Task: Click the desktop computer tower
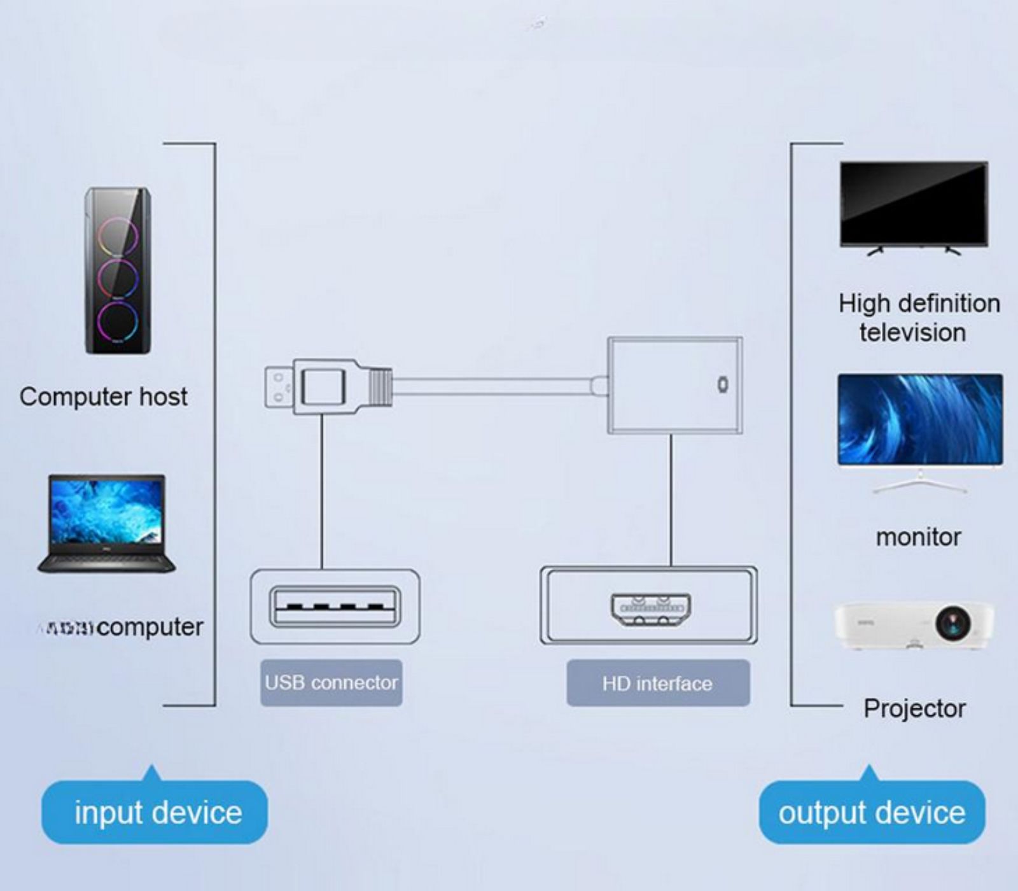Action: click(x=118, y=270)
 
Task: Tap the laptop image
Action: click(x=107, y=523)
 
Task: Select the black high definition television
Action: click(x=914, y=205)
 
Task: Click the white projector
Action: click(x=914, y=625)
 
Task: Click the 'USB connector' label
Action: click(x=331, y=683)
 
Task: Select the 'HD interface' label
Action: click(x=658, y=684)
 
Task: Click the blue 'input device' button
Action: click(x=155, y=813)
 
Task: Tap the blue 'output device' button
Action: click(x=872, y=813)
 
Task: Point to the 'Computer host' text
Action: click(x=103, y=396)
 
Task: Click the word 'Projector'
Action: click(x=914, y=708)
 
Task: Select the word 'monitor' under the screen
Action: click(x=918, y=537)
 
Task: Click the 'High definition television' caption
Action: click(x=918, y=318)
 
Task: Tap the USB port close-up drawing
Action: click(x=335, y=607)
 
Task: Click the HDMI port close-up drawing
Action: click(x=651, y=609)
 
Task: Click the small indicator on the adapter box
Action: click(x=722, y=385)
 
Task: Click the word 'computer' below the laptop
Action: click(x=150, y=627)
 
